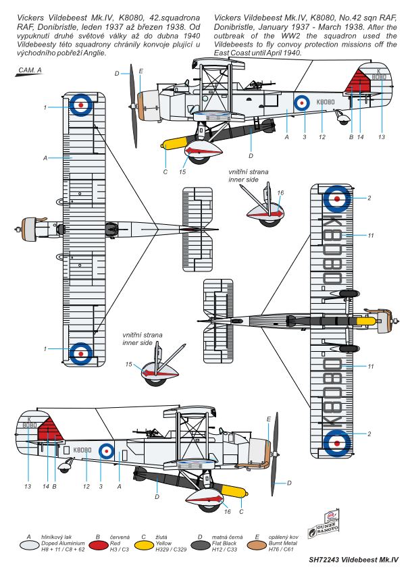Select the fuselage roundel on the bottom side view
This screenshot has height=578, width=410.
[107, 451]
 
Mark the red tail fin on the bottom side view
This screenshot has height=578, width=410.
[49, 431]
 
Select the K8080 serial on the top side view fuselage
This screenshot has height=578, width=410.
[326, 102]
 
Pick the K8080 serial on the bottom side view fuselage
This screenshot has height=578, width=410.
[82, 450]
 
